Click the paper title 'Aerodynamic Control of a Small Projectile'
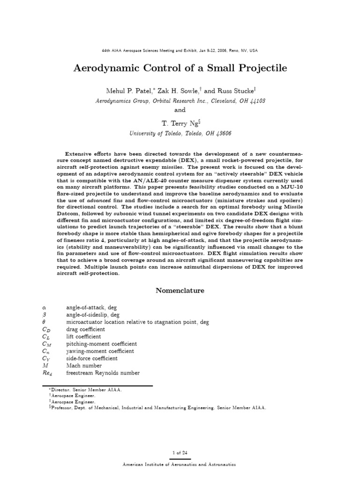(x=180, y=68)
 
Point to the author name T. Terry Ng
(x=178, y=123)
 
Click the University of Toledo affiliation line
(x=180, y=133)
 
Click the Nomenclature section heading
(x=180, y=291)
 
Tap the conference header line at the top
(x=180, y=50)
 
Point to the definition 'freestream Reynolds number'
(x=103, y=373)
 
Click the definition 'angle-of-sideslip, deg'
(x=95, y=315)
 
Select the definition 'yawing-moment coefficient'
(x=100, y=351)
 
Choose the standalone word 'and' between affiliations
(x=180, y=110)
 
